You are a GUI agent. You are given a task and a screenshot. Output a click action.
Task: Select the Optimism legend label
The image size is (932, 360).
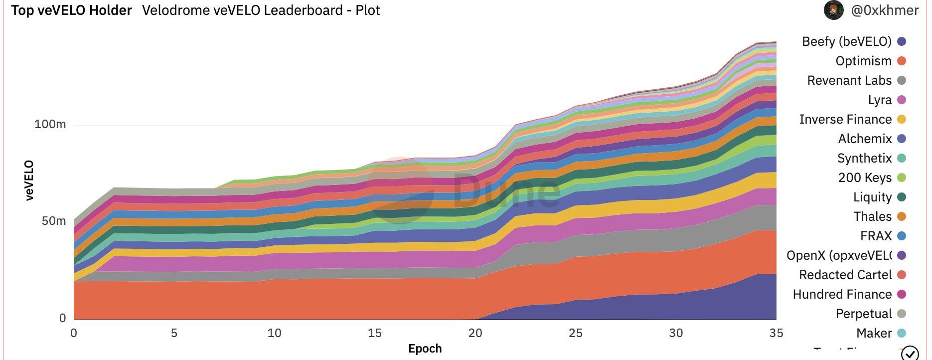[863, 61]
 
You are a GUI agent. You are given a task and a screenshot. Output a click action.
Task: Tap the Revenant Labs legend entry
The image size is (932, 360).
[849, 80]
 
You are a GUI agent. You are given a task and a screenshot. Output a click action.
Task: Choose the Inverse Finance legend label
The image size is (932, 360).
[845, 119]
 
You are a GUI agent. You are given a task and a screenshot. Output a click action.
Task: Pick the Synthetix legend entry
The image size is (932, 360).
[864, 158]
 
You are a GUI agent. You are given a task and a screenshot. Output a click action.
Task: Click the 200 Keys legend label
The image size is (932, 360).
[865, 178]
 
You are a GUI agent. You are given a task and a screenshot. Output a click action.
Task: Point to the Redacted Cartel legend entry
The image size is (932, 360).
[845, 275]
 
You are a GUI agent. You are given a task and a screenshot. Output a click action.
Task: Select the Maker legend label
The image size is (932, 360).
[874, 333]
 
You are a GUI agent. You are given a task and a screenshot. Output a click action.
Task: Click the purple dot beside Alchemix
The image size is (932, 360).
[901, 139]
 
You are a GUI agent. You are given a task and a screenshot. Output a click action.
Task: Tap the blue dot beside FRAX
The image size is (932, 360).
[901, 236]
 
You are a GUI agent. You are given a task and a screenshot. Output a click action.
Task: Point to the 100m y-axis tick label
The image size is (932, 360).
[50, 124]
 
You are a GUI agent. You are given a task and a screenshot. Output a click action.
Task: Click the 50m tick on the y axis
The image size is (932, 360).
[54, 221]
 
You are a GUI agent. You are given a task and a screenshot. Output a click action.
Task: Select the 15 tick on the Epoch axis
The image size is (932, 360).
[375, 333]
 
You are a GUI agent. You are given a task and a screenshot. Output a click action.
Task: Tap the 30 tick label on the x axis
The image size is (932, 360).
[676, 333]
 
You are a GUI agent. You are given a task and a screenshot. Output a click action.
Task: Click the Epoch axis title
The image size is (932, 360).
[425, 349]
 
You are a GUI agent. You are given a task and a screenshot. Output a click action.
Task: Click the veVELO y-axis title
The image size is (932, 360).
[29, 180]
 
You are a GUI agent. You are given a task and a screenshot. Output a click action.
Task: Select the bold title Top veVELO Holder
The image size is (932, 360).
[71, 10]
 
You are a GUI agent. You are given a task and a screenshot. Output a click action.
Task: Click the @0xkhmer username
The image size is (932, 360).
[885, 10]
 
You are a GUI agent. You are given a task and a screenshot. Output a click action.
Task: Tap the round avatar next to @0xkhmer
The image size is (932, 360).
[833, 10]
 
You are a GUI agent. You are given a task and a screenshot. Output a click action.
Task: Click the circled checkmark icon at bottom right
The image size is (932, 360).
[910, 353]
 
